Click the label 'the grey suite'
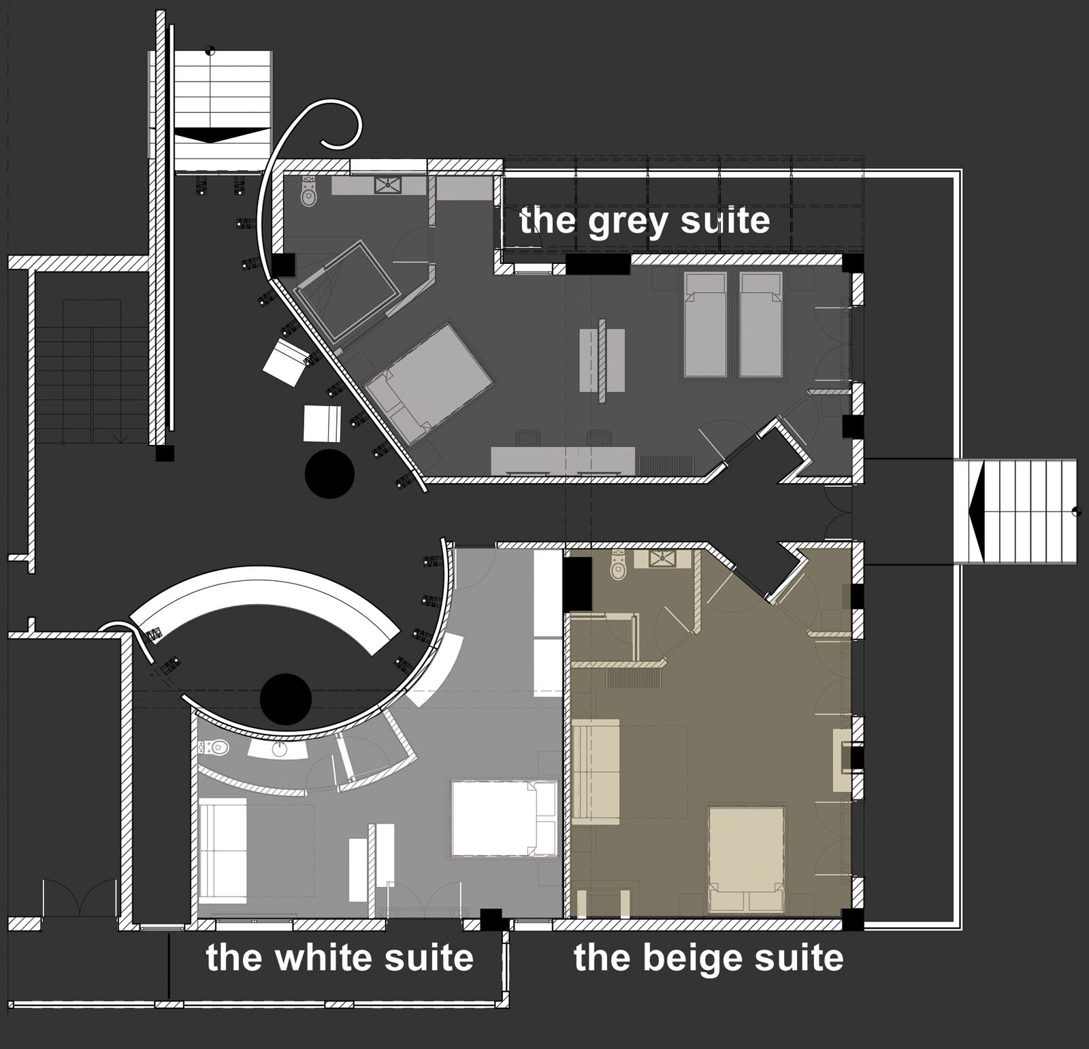coord(645,222)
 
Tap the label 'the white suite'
coord(340,957)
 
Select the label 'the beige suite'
coord(709,958)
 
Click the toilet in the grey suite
coord(310,192)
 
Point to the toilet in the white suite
coord(216,748)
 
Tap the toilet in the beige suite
coord(618,566)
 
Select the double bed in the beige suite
coord(746,859)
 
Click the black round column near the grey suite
coord(329,473)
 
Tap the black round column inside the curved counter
coord(286,699)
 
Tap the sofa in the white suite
coord(223,851)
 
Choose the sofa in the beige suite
coord(596,772)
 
